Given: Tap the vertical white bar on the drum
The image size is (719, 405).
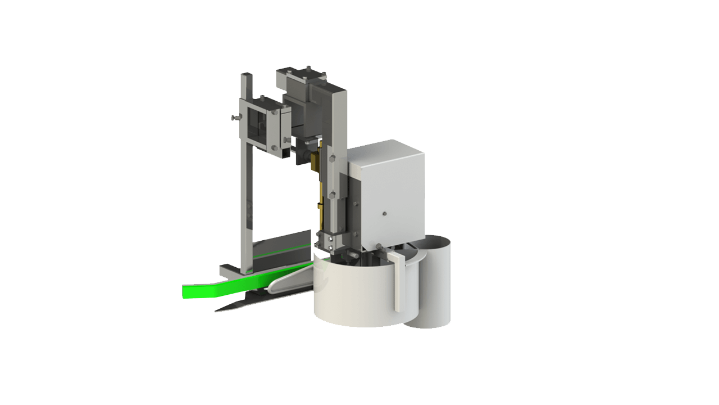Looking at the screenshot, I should [398, 281].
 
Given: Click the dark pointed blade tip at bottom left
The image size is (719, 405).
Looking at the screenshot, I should [222, 309].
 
